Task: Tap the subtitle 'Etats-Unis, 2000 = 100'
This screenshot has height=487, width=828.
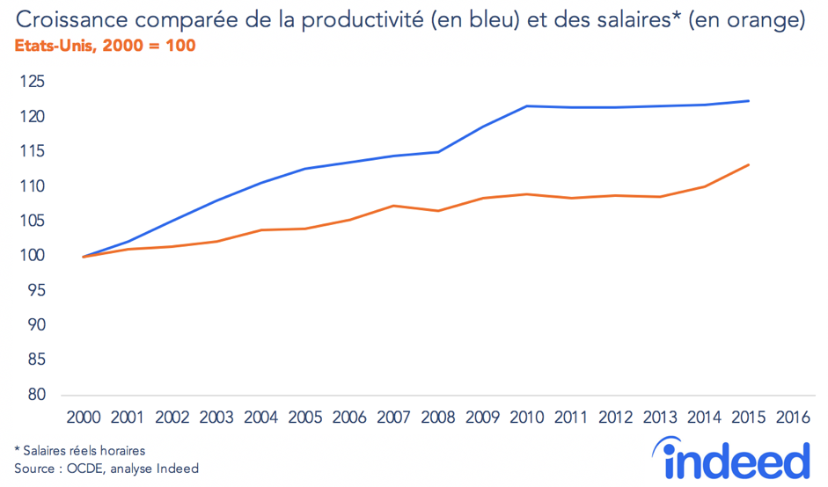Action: (105, 45)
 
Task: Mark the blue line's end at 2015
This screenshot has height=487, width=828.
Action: (749, 101)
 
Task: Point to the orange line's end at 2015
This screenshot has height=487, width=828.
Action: (749, 164)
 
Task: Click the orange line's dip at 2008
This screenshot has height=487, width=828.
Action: (438, 211)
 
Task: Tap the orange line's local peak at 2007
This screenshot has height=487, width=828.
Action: (394, 206)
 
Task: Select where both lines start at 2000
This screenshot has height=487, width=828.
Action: (84, 257)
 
